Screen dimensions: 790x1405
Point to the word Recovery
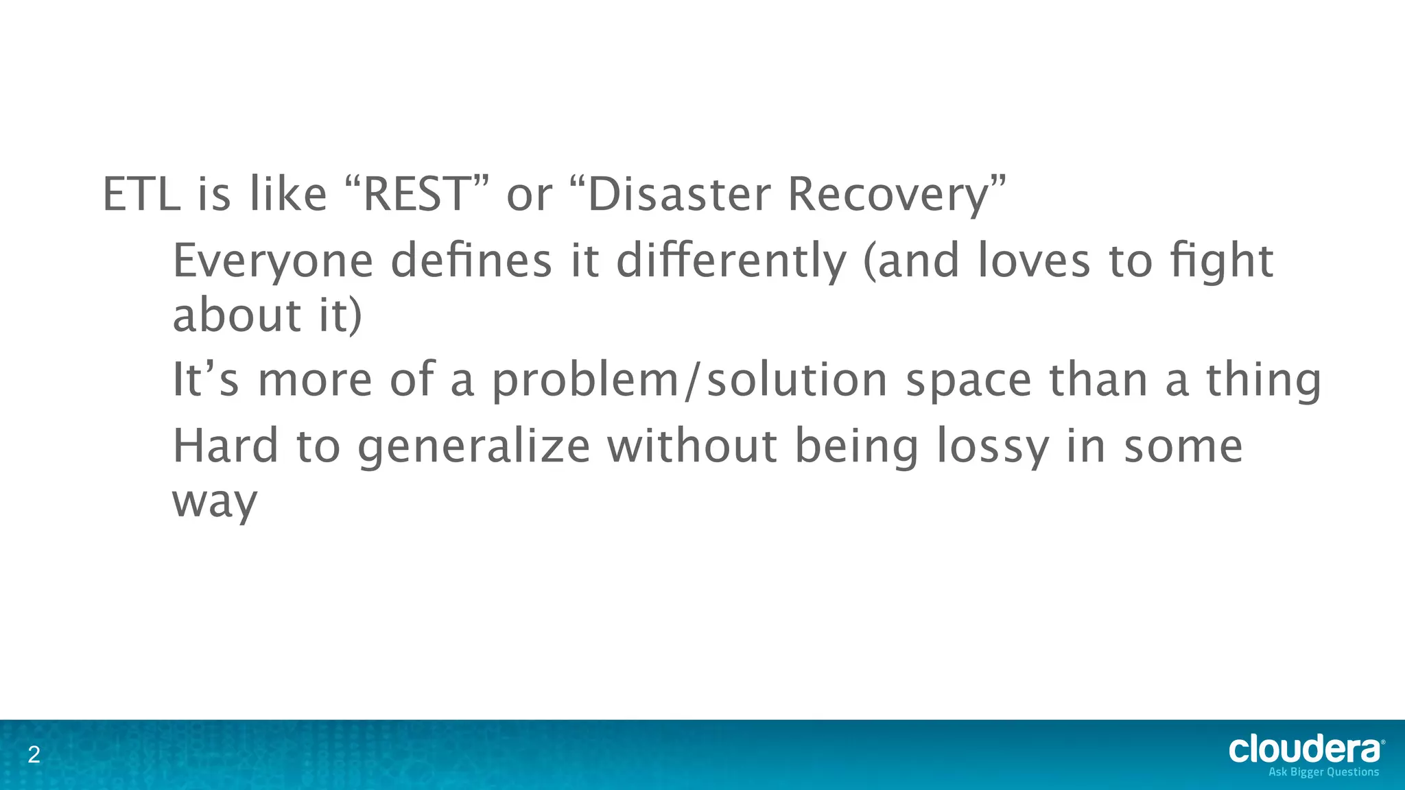tap(888, 195)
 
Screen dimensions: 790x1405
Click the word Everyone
tap(272, 262)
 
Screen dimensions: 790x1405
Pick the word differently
tap(731, 262)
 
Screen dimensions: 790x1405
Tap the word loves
tap(1033, 261)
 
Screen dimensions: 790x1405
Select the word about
tap(237, 315)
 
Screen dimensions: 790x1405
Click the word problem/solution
tap(690, 381)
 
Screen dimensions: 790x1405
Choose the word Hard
tap(225, 446)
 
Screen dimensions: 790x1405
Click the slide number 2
tap(34, 756)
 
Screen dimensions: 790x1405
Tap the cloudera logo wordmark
tap(1305, 749)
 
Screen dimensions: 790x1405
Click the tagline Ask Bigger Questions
tap(1323, 772)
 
